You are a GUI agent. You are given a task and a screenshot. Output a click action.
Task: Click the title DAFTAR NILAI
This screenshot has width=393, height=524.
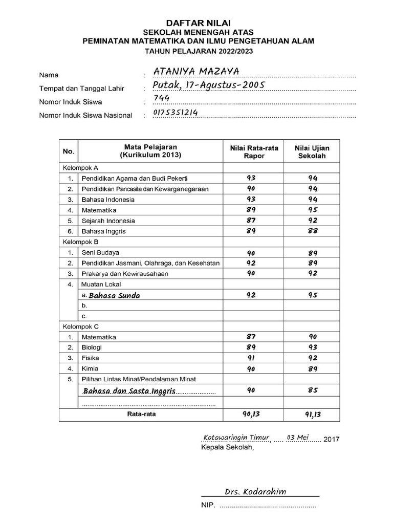(198, 23)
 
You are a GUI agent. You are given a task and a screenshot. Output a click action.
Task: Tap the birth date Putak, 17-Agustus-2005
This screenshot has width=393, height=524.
(208, 85)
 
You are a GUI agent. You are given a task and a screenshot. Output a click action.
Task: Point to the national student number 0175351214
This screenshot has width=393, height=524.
(175, 113)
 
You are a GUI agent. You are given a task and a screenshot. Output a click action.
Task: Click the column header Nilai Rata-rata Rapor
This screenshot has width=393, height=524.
(254, 151)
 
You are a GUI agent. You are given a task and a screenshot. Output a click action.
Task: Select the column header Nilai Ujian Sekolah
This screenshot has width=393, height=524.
(312, 151)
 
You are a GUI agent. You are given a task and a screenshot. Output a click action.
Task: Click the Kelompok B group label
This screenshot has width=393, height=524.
(80, 242)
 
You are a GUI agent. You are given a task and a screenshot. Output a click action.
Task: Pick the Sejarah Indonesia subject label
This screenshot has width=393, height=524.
(108, 221)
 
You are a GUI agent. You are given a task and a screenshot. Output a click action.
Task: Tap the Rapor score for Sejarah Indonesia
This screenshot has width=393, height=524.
(251, 221)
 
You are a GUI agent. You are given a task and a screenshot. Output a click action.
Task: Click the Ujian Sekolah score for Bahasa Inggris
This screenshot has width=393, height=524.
(313, 231)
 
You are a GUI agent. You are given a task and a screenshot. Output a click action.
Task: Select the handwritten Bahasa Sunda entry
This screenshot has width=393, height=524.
(114, 295)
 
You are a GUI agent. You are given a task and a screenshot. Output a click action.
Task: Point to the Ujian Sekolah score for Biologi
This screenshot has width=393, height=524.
(313, 347)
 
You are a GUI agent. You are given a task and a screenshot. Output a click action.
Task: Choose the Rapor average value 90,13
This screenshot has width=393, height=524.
(251, 414)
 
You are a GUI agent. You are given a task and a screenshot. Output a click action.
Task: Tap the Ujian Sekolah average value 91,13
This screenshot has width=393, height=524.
(313, 414)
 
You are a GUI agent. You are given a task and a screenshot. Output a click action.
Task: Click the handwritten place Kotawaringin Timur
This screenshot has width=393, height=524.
(236, 438)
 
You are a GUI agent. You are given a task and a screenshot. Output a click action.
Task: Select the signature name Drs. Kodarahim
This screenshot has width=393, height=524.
(255, 492)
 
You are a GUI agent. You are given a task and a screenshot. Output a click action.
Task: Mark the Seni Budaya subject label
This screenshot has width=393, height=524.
(100, 252)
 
